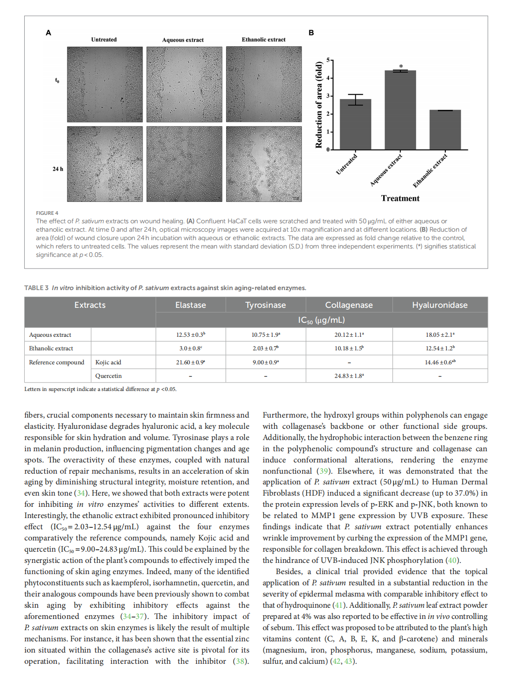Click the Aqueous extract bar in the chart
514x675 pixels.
pos(400,110)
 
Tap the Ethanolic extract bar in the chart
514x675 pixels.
pos(445,130)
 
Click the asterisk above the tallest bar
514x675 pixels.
pos(401,67)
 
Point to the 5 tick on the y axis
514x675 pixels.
pos(328,60)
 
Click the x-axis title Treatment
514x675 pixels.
pos(400,199)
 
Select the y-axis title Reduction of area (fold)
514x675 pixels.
pos(319,105)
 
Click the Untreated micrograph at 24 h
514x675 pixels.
pos(105,164)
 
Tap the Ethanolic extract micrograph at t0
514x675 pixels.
pos(264,84)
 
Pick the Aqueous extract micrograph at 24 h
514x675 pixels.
pos(184,164)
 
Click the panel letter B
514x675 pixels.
pos(311,33)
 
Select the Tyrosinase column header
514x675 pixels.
pos(265,305)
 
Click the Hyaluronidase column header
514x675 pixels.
pos(440,305)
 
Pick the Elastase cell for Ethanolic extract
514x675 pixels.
pos(191,348)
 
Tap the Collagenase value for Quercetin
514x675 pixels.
pos(349,376)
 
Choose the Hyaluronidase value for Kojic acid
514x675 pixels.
pos(440,362)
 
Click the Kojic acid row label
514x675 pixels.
pos(108,362)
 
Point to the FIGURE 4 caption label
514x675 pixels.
pos(47,213)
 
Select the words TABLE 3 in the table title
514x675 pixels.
pos(36,288)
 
